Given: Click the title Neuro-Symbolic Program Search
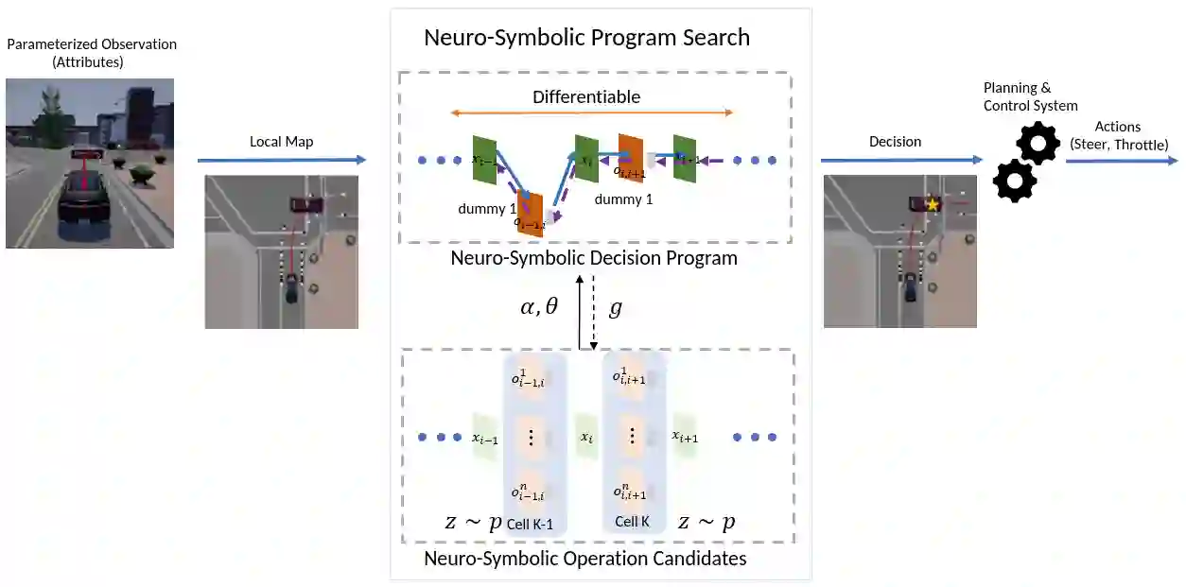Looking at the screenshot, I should pos(586,38).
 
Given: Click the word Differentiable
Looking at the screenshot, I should pos(586,96).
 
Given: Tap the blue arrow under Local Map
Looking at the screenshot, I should pos(281,161).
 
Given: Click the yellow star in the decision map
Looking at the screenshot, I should pos(933,204).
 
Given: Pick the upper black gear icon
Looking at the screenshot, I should pos(1038,144).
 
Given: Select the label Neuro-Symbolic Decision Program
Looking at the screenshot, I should pos(594,257).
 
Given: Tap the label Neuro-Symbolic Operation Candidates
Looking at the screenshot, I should pos(584,559).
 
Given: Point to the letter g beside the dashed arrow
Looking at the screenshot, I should pos(615,308).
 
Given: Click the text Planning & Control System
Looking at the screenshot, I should pos(1030,96).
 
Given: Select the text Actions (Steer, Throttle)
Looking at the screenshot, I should pos(1117,135).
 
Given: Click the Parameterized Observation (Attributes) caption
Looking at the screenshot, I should pos(92,53).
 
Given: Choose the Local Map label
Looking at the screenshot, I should pos(281,142).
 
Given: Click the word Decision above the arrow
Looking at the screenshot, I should pos(895,142).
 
